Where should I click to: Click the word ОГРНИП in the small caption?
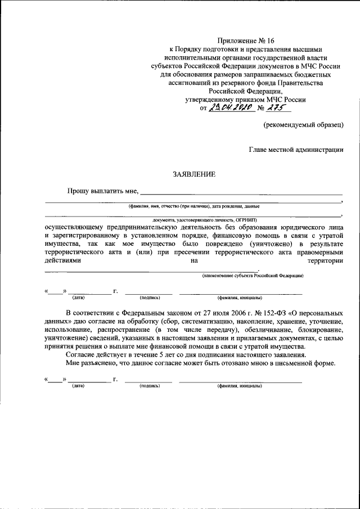pos(245,218)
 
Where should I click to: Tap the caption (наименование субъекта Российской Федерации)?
pos(253,276)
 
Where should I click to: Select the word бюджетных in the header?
pos(308,74)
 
